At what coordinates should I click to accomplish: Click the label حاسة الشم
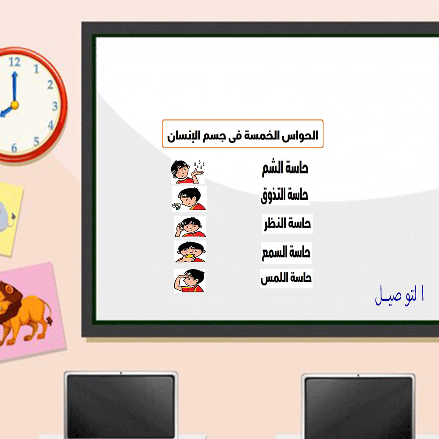click(285, 168)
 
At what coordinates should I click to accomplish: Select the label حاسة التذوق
click(284, 195)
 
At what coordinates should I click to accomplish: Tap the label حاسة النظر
click(288, 223)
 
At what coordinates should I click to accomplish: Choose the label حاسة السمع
click(286, 252)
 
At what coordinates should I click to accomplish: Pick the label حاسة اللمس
click(286, 278)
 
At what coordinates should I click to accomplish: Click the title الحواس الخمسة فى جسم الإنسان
click(242, 136)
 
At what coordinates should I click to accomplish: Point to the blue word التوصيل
click(399, 295)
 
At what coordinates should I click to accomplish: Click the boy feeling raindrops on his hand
click(187, 171)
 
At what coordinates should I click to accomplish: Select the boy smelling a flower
click(189, 199)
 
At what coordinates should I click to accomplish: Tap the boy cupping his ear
click(190, 227)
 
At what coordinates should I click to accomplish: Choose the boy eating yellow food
click(190, 252)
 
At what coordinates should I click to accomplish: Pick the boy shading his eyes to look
click(190, 281)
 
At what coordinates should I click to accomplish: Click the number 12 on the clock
click(14, 62)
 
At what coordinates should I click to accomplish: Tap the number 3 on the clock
click(55, 106)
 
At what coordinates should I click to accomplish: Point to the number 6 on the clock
click(14, 148)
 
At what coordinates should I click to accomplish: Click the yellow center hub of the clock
click(14, 105)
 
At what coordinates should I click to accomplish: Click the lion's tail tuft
click(50, 321)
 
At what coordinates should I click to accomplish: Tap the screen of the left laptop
click(121, 407)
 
